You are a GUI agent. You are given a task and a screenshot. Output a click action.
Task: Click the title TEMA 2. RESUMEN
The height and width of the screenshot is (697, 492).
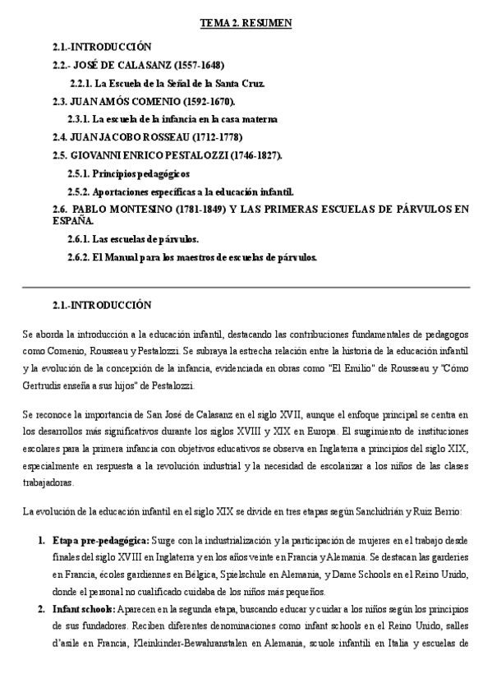pos(246,25)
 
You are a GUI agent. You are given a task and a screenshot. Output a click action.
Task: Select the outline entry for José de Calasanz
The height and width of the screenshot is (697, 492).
pos(137,65)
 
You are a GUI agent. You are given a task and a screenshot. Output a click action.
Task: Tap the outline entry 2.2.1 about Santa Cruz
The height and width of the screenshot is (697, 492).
pos(178,83)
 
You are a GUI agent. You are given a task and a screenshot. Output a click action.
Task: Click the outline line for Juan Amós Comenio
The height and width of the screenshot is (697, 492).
pos(142,101)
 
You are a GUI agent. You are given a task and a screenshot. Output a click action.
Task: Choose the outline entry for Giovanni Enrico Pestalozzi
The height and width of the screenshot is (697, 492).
pos(167,155)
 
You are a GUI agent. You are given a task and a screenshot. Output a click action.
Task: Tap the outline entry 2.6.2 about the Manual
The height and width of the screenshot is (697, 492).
pos(192,257)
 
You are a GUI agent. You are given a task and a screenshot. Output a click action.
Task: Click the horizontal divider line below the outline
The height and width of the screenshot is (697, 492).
pos(246,287)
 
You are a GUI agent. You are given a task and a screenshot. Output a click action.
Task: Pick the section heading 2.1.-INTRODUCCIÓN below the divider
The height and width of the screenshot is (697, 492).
pos(102,305)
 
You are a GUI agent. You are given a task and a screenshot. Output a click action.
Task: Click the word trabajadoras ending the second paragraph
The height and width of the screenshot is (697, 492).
pos(47,482)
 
